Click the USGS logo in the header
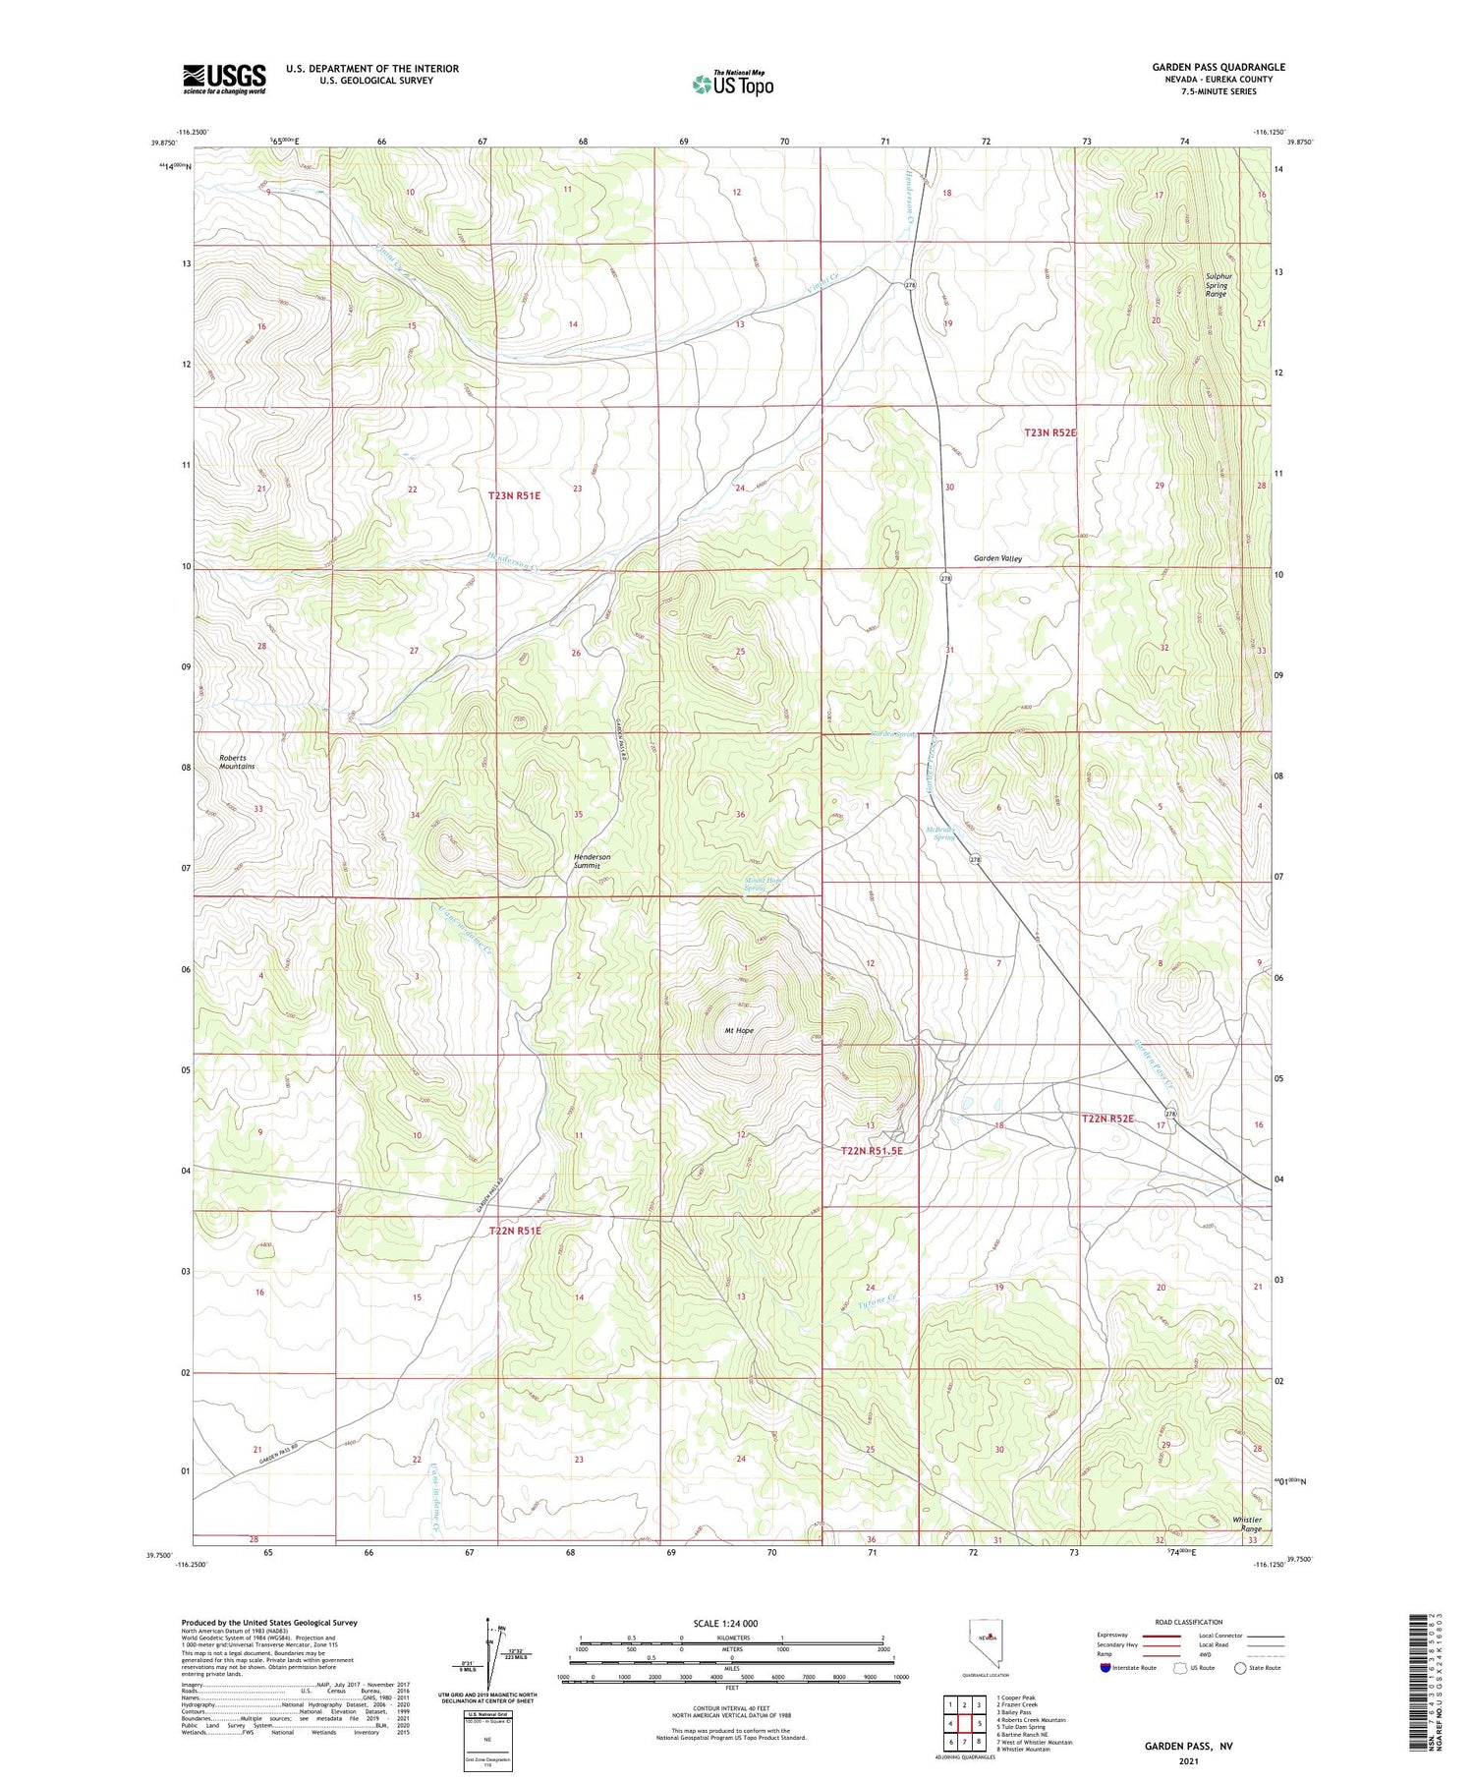(x=224, y=79)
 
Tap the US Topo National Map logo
(x=732, y=84)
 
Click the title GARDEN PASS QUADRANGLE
(x=1219, y=67)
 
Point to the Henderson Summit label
(x=592, y=861)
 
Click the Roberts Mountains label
(x=237, y=762)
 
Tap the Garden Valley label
(x=997, y=558)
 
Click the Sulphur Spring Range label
(x=1217, y=285)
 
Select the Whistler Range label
(x=1247, y=1524)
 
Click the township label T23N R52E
(x=1050, y=432)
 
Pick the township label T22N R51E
(x=515, y=1231)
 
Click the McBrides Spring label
(x=941, y=834)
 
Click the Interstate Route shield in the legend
(x=1105, y=1668)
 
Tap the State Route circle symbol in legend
(x=1240, y=1668)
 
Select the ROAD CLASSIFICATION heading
(x=1189, y=1622)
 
